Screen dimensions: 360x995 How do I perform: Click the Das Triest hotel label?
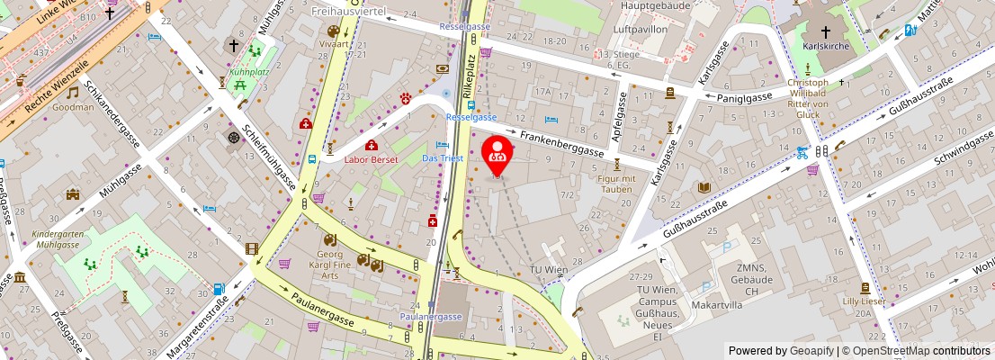444,158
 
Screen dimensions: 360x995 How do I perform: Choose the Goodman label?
73,106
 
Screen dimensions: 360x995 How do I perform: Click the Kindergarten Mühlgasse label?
56,238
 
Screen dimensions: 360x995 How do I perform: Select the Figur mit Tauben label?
616,184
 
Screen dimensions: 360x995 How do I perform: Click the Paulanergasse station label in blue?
431,317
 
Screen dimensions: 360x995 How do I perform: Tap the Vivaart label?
334,42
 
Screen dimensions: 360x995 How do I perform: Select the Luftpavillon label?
640,29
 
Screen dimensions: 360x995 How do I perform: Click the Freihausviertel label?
348,12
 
